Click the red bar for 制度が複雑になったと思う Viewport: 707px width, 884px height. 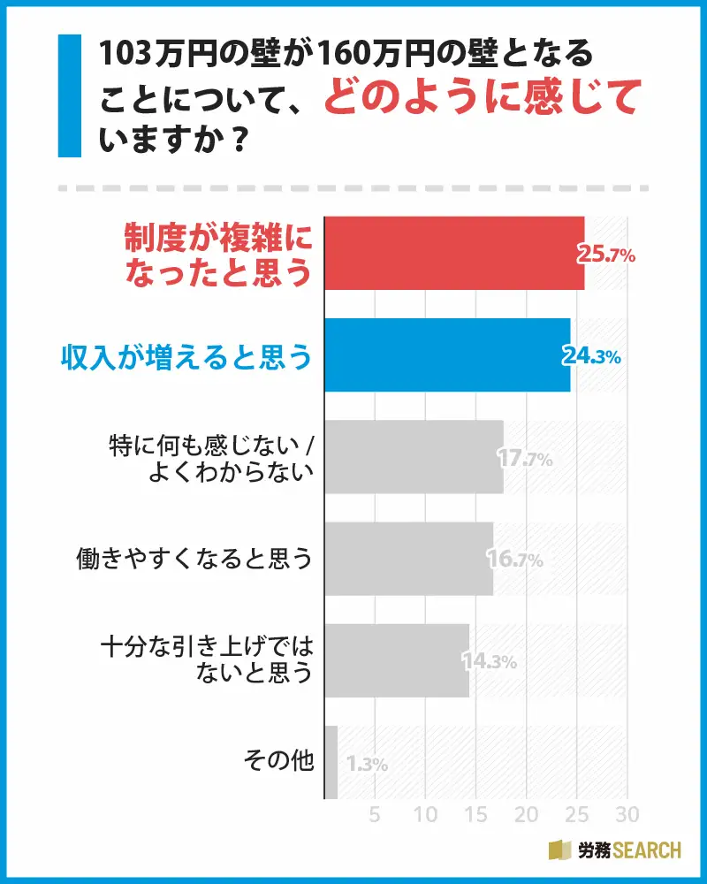[454, 253]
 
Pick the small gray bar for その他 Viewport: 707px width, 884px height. [331, 762]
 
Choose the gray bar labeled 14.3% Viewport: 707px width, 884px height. [397, 660]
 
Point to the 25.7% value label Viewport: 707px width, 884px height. [606, 255]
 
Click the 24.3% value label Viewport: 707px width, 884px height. [592, 357]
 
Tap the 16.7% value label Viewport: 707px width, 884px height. [514, 560]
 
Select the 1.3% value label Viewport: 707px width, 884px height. [367, 765]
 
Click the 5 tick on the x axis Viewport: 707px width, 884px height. [375, 813]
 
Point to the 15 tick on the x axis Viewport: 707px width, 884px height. [476, 813]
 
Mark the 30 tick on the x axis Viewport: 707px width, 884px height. [627, 813]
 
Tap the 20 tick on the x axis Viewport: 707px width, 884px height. [527, 813]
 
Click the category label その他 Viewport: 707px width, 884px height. [278, 761]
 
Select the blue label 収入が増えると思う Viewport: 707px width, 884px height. [186, 355]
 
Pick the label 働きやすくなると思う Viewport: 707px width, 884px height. [195, 559]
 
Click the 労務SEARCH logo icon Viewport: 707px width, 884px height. [560, 850]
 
